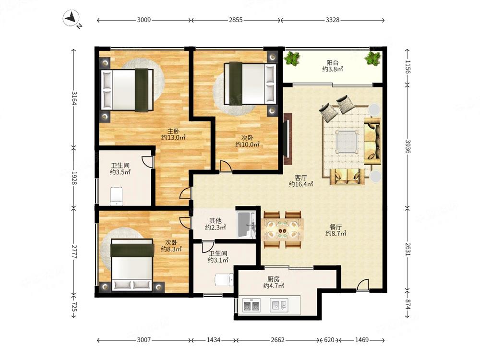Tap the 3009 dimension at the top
click(144, 20)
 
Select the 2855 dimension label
click(236, 20)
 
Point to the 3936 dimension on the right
click(408, 146)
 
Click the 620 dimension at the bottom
click(329, 340)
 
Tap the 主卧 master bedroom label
click(173, 131)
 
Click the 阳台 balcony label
click(333, 63)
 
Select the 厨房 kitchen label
click(274, 279)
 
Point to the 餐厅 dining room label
click(336, 227)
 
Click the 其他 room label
click(215, 220)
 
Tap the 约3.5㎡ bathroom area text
click(120, 172)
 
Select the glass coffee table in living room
click(347, 141)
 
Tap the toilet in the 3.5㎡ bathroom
click(116, 196)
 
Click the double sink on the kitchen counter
click(252, 305)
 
